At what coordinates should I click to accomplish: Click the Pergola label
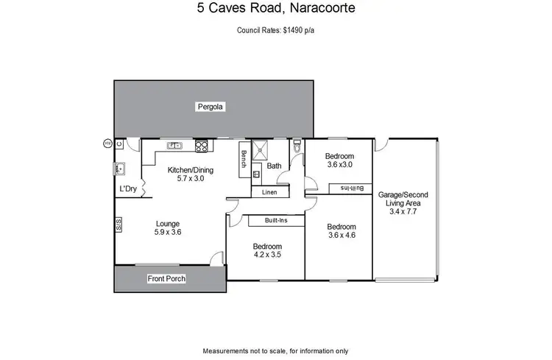point(210,107)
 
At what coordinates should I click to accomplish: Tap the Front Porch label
point(166,278)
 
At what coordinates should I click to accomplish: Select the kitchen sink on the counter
point(175,145)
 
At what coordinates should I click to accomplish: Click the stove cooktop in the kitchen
point(200,145)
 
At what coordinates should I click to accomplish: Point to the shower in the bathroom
point(260,149)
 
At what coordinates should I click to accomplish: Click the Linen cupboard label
point(269,191)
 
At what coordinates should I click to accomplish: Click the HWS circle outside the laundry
point(107,143)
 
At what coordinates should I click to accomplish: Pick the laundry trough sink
point(120,169)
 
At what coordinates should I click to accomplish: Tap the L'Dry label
point(128,189)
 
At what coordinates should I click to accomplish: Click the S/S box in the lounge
point(118,225)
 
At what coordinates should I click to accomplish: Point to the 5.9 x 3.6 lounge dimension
point(168,232)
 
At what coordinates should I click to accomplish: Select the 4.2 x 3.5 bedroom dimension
point(266,255)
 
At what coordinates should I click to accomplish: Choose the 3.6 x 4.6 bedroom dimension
point(342,236)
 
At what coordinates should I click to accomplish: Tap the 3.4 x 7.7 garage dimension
point(403,211)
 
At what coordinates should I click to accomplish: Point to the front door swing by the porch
point(216,258)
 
